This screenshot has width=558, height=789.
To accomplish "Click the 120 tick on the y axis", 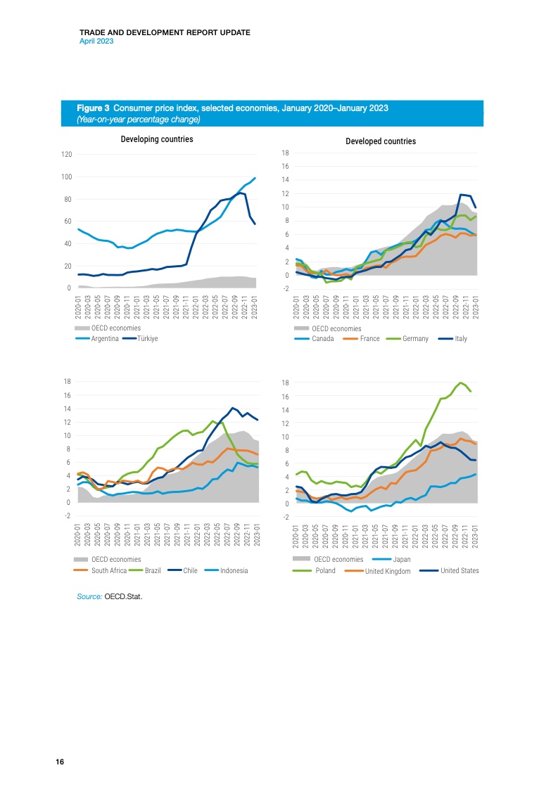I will [66, 154].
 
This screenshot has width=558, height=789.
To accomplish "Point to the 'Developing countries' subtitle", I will [157, 139].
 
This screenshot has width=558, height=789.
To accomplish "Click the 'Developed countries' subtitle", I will [381, 141].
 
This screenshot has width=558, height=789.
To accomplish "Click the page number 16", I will [60, 762].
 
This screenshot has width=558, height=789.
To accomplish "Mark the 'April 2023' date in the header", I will [96, 41].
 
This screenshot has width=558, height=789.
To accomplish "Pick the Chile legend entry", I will [189, 570].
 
